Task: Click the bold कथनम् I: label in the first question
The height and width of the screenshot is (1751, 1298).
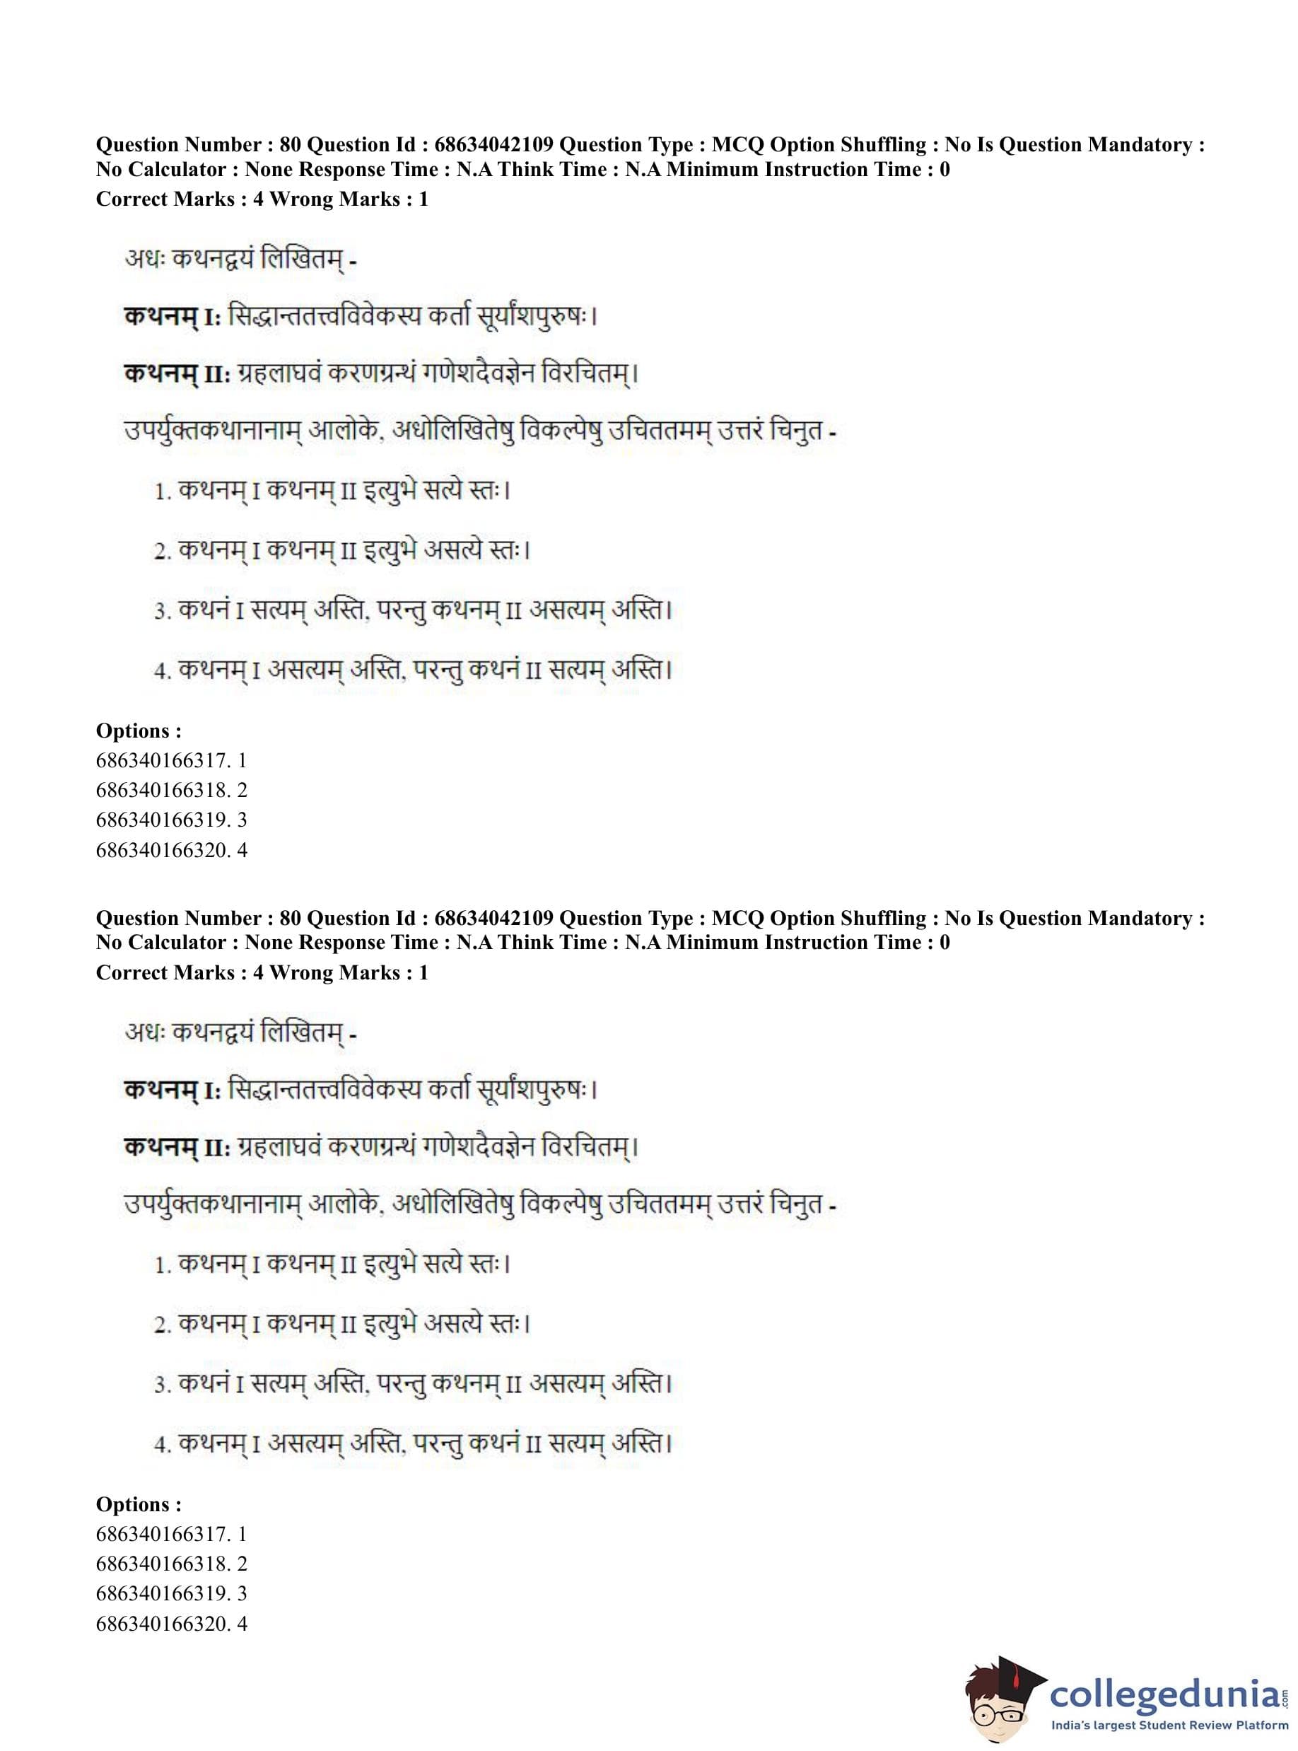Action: (172, 317)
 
